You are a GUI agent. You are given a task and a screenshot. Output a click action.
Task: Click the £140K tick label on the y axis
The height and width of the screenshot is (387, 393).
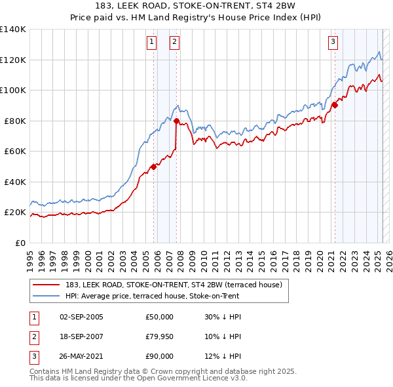click(x=13, y=30)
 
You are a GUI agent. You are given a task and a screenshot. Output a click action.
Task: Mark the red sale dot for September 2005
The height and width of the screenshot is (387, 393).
click(x=154, y=167)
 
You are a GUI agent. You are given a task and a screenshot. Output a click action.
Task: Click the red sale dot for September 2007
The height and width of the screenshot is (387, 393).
click(x=177, y=121)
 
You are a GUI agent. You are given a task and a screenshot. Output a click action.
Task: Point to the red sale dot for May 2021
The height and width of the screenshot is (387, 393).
click(x=335, y=104)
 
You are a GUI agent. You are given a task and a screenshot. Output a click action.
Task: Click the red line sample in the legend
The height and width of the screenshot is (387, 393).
click(x=47, y=285)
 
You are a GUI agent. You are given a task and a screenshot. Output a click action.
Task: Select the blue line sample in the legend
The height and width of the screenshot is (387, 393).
click(x=47, y=296)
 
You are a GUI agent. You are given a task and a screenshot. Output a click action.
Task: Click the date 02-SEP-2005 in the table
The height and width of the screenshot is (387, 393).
click(x=81, y=317)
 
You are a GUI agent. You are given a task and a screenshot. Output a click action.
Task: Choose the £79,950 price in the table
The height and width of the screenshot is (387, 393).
click(x=159, y=336)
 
